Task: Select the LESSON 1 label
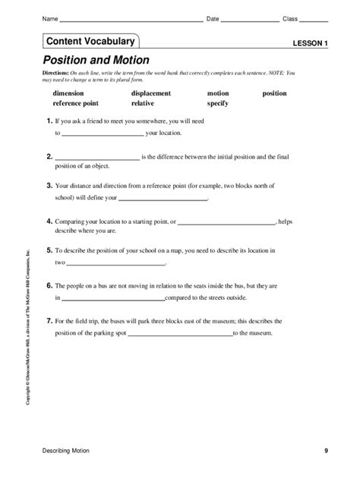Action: click(x=310, y=44)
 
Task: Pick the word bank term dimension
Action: click(x=68, y=93)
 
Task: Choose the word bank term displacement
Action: click(x=151, y=93)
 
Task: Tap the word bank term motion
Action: click(x=217, y=93)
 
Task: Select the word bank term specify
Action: click(x=218, y=102)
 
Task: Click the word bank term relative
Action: click(x=143, y=102)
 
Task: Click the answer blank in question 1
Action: click(x=102, y=134)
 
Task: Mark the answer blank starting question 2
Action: click(x=97, y=159)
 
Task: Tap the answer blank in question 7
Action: click(x=180, y=335)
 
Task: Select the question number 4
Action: click(x=49, y=220)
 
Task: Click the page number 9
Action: click(x=326, y=451)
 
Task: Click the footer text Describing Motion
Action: click(x=66, y=451)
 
